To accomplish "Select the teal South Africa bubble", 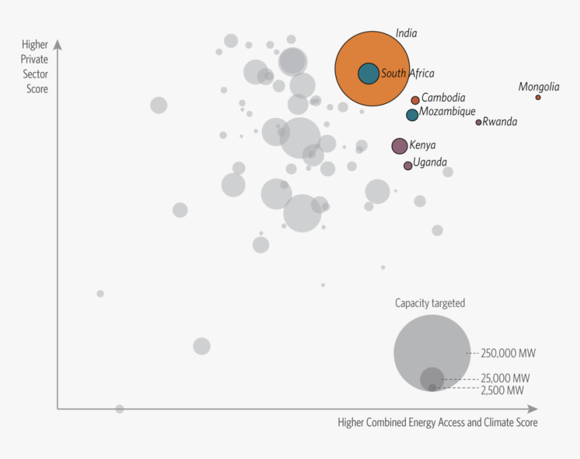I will (x=368, y=73).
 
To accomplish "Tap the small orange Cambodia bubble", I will (x=415, y=100).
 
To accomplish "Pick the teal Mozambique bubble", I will (x=412, y=115).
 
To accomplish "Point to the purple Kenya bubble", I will (x=399, y=146).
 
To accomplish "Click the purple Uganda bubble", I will (x=408, y=165).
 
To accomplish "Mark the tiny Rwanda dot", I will (x=479, y=122).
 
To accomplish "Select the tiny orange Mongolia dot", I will (x=538, y=97).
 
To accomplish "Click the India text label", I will (x=406, y=33).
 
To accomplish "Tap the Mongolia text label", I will (x=538, y=86).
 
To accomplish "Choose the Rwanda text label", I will (x=500, y=122).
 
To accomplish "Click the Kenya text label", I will (x=423, y=145).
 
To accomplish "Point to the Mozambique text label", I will (x=447, y=112).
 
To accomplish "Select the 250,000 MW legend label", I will (x=509, y=353).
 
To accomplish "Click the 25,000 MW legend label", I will (x=505, y=378).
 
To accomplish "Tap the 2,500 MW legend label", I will (x=502, y=390).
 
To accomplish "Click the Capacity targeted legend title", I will (x=430, y=303).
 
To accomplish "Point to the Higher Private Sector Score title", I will (x=34, y=67).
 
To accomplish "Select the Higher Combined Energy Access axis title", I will (x=438, y=423).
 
